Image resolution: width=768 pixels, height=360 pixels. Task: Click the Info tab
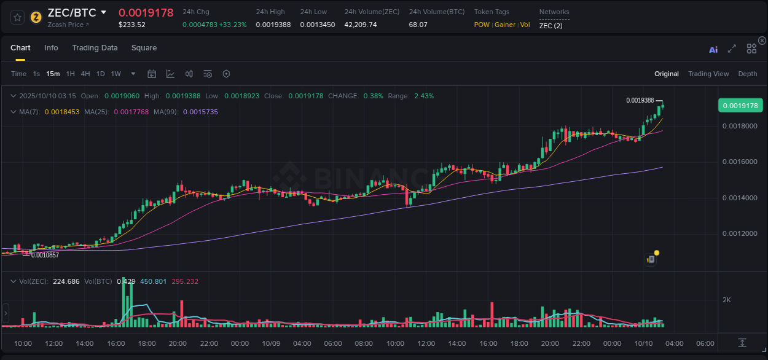(51, 48)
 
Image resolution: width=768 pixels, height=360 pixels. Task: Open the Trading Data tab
(95, 48)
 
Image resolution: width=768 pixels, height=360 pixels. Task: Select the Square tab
(144, 48)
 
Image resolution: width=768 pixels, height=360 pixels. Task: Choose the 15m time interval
(53, 74)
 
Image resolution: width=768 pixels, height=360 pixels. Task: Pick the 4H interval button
(85, 74)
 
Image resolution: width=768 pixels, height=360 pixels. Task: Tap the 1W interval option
(116, 74)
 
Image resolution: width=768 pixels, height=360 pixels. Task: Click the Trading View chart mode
(708, 74)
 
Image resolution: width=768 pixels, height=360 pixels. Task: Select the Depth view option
(748, 74)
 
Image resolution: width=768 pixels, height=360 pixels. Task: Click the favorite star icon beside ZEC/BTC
(18, 17)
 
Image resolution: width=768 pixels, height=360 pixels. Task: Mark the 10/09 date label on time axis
(271, 343)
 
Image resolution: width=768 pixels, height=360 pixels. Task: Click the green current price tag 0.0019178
(740, 106)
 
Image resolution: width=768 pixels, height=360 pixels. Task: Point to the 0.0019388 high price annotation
(640, 100)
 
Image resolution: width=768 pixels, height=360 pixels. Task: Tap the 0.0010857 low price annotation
(45, 255)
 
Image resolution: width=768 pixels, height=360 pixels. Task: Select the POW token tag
(482, 25)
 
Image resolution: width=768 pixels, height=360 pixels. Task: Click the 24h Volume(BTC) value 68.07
(418, 25)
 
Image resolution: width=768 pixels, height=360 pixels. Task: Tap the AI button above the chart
(713, 49)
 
